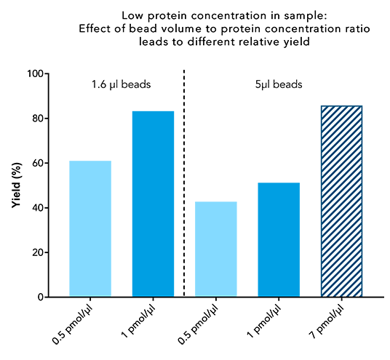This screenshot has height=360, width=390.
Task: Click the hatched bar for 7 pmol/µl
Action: point(341,201)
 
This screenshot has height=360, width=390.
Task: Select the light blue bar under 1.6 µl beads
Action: point(90,228)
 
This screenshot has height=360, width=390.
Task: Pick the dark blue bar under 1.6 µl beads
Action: point(153,204)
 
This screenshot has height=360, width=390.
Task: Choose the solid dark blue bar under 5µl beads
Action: point(279,239)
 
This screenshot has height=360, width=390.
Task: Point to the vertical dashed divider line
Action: point(184,182)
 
